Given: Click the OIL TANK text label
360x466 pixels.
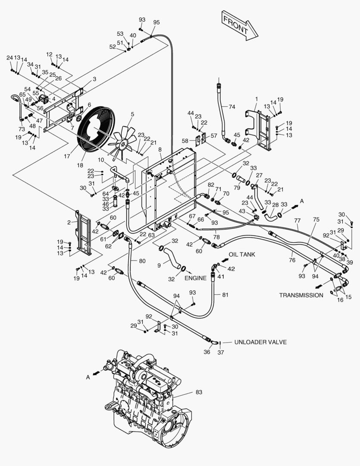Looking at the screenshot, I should click(x=242, y=255).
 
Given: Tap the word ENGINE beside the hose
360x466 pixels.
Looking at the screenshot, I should click(x=196, y=278).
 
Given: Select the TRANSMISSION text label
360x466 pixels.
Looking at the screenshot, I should click(x=301, y=295).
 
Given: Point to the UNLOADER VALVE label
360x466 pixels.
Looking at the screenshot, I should click(x=260, y=342).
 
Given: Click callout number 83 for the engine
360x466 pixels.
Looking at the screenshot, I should click(x=199, y=392).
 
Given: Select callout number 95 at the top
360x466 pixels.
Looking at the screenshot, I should click(x=156, y=22).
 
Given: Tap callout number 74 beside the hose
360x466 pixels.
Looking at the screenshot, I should click(x=232, y=107).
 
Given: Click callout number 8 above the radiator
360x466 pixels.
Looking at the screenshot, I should click(x=160, y=149).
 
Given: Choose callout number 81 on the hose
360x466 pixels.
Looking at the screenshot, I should click(x=224, y=295).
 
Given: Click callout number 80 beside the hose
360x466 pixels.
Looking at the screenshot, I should click(x=142, y=261).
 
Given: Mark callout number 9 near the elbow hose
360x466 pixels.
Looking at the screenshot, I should click(x=159, y=265).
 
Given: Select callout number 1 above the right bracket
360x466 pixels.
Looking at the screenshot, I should click(x=257, y=99).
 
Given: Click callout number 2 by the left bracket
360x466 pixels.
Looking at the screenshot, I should click(x=69, y=222).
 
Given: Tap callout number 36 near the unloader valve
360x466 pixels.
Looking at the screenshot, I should click(x=207, y=352).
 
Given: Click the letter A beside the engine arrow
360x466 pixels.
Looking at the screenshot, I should click(x=88, y=377).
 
